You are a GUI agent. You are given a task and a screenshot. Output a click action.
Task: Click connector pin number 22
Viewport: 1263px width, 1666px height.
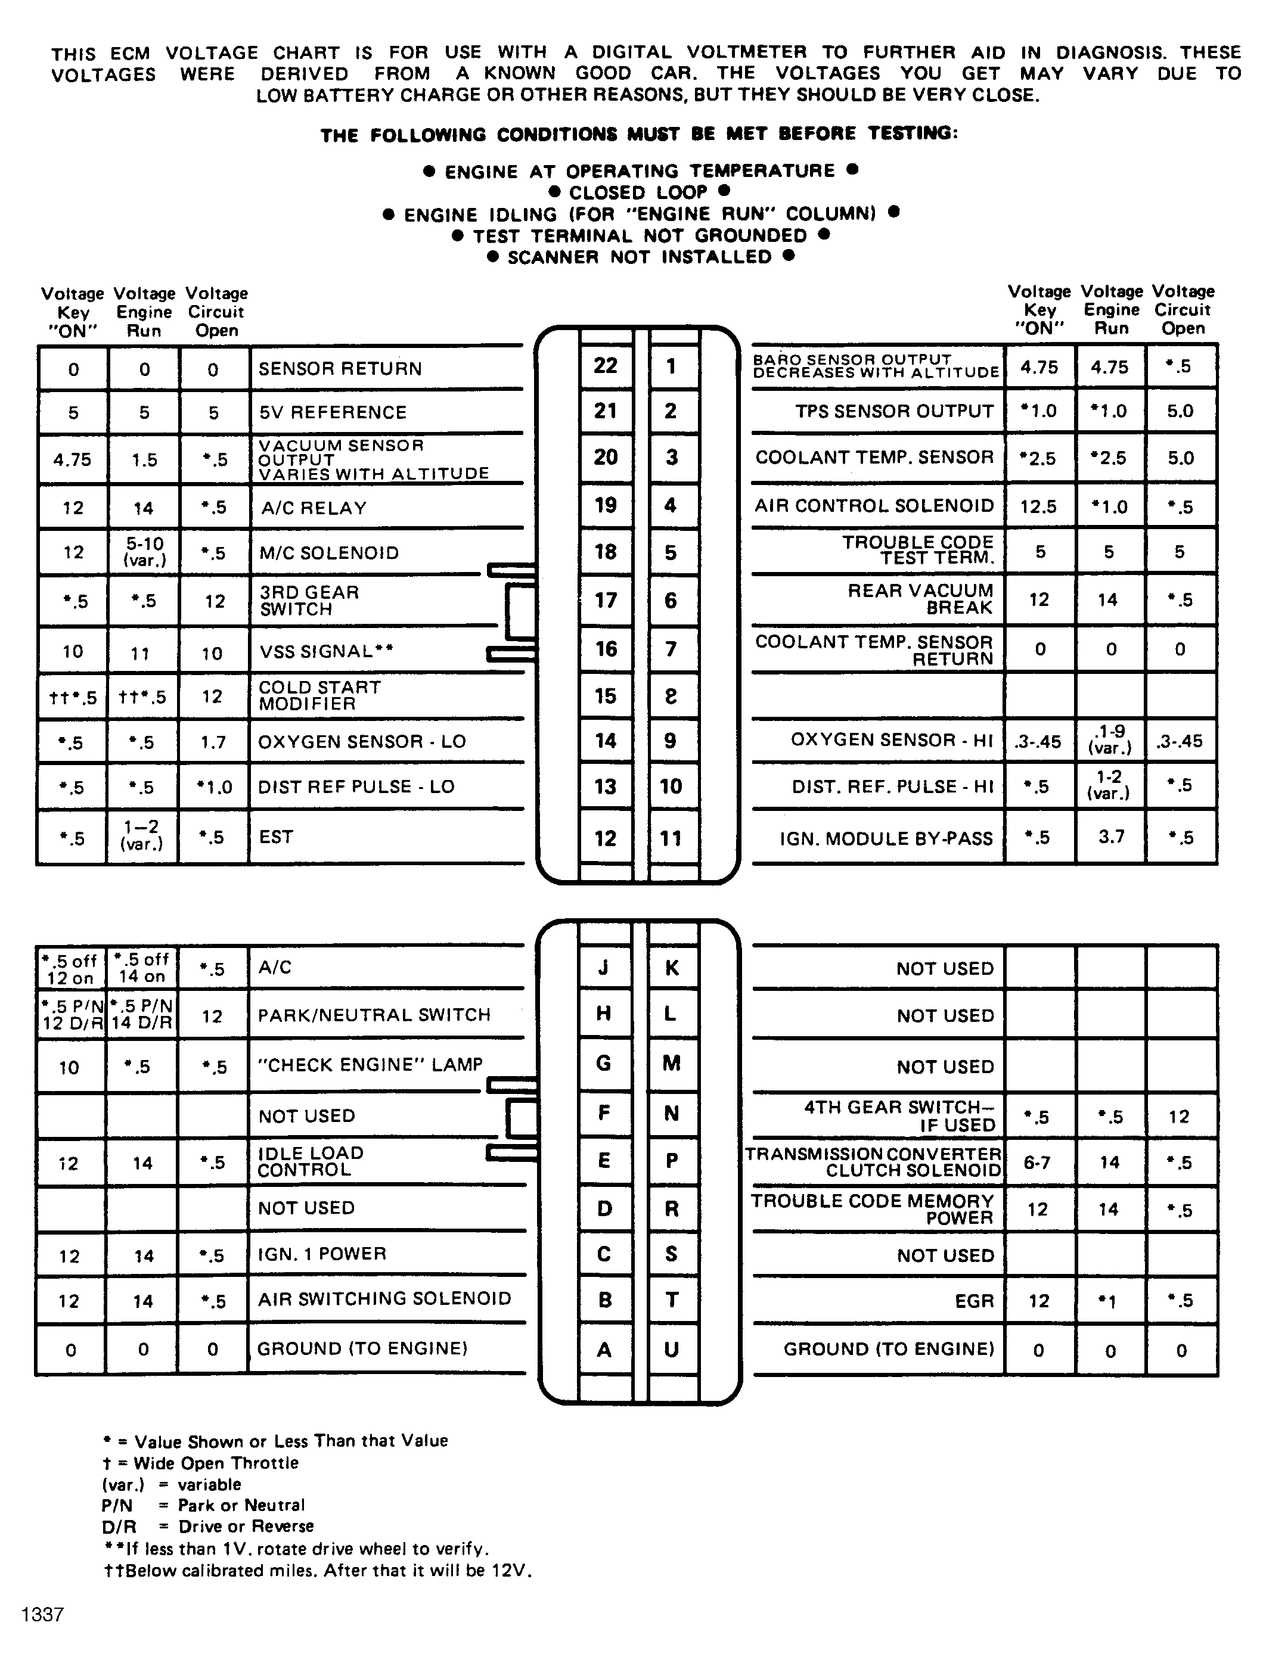click(x=605, y=366)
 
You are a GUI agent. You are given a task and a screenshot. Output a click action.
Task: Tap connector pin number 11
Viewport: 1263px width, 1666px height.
click(x=671, y=838)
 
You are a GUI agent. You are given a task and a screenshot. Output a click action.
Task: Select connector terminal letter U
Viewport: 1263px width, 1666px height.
click(x=672, y=1349)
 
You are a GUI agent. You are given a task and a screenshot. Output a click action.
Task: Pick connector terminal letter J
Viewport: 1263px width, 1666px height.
click(x=604, y=968)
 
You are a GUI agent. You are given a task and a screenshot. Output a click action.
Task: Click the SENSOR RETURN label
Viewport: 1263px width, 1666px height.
click(x=340, y=369)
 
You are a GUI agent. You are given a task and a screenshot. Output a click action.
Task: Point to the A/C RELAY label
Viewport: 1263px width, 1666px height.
click(x=314, y=508)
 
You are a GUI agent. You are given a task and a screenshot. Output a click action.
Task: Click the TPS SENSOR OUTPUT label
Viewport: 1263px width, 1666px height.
click(x=895, y=412)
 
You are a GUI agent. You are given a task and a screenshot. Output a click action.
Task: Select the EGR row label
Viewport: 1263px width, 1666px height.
click(x=975, y=1301)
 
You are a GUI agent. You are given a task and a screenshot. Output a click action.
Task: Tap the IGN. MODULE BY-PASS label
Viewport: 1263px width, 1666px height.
click(x=886, y=838)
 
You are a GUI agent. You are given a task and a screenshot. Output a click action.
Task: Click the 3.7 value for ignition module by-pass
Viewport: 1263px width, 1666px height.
click(x=1112, y=837)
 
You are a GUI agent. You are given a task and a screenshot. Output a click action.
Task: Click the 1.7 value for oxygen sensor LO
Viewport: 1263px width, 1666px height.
click(x=213, y=742)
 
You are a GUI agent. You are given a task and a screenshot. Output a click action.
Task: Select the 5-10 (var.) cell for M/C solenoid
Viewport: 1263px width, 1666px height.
click(x=143, y=553)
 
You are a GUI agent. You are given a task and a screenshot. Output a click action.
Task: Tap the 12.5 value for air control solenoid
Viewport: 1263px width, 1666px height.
click(x=1038, y=506)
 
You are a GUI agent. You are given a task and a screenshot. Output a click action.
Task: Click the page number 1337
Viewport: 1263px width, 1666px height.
click(x=43, y=1615)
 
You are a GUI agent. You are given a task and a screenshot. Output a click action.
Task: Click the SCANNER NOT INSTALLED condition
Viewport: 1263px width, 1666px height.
click(x=640, y=257)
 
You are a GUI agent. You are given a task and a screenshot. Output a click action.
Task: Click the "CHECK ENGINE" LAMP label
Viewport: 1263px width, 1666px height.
click(x=370, y=1065)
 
